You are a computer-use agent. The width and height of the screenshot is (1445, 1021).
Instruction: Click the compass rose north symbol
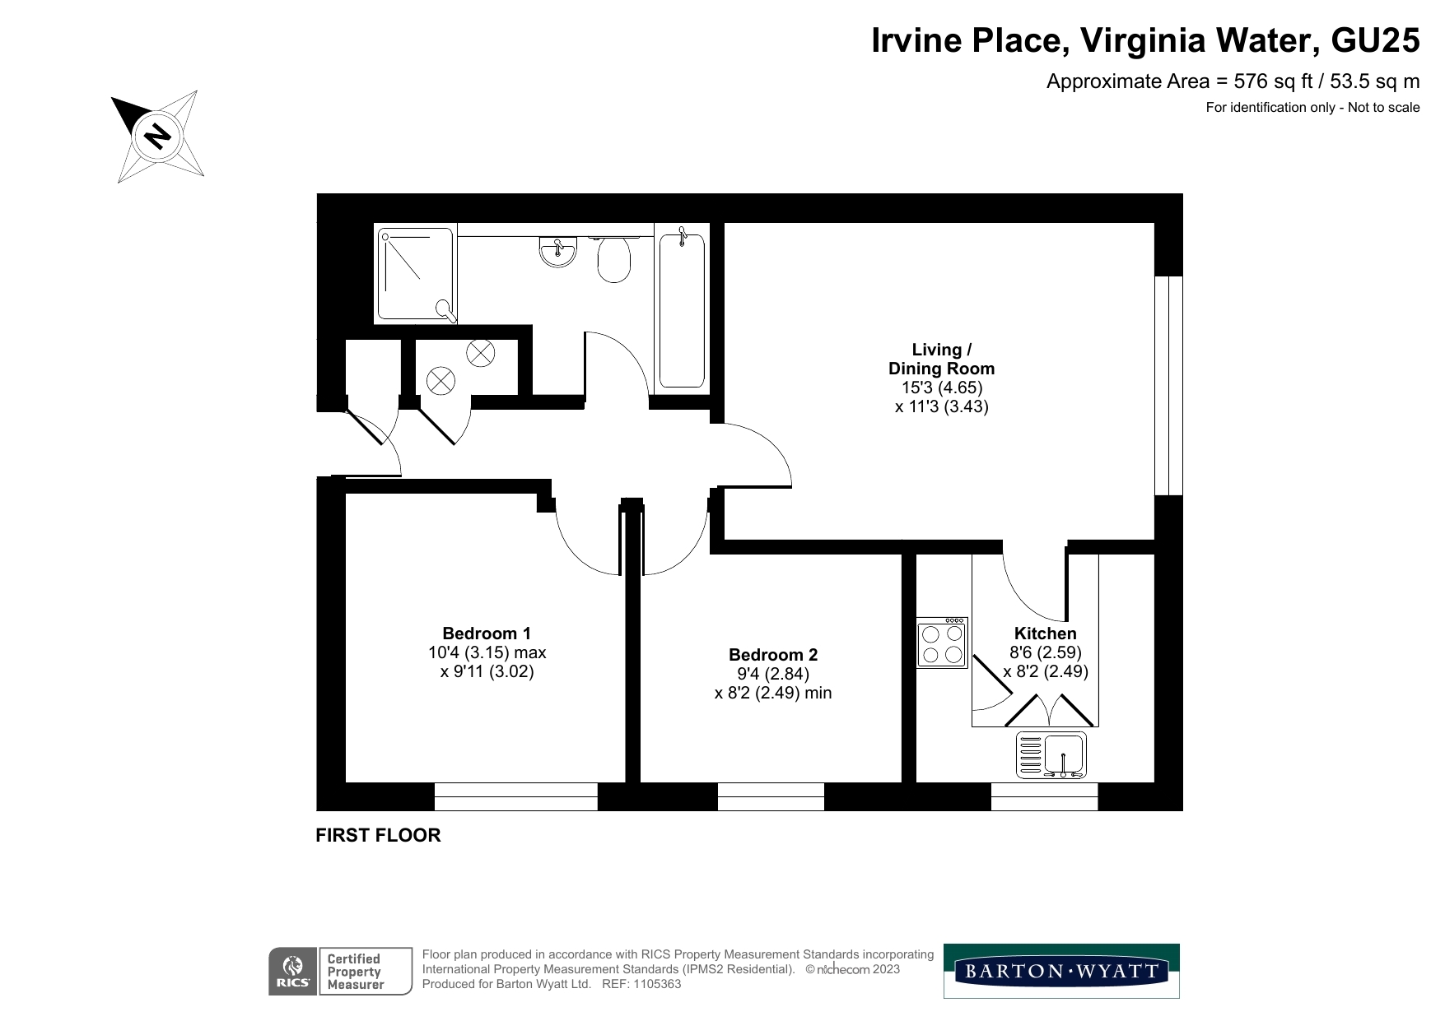157,136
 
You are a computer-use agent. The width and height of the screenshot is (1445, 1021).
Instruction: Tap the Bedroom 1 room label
487,633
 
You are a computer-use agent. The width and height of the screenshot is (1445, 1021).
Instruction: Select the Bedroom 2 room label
773,655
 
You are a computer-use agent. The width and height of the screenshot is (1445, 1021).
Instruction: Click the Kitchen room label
1045,633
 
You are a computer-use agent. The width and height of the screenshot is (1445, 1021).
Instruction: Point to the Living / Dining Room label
941,359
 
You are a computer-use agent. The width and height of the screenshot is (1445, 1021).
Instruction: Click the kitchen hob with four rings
942,643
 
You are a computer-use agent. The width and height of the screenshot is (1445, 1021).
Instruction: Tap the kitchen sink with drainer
1051,754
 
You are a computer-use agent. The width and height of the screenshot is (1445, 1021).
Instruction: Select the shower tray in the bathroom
416,274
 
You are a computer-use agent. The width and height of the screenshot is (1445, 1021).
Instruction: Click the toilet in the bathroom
613,258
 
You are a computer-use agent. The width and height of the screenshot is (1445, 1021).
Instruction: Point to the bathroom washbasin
558,251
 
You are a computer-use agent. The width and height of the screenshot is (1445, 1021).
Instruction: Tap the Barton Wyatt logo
1061,971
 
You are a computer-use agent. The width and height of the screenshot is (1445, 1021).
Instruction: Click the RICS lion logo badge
293,971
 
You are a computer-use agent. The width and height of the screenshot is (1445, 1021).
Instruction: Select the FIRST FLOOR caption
378,835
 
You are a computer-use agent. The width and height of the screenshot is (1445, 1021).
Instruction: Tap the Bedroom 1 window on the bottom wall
515,796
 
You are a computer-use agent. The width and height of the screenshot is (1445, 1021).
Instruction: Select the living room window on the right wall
1168,385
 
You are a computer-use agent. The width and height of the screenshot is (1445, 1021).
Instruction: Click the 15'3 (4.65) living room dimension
936,388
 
